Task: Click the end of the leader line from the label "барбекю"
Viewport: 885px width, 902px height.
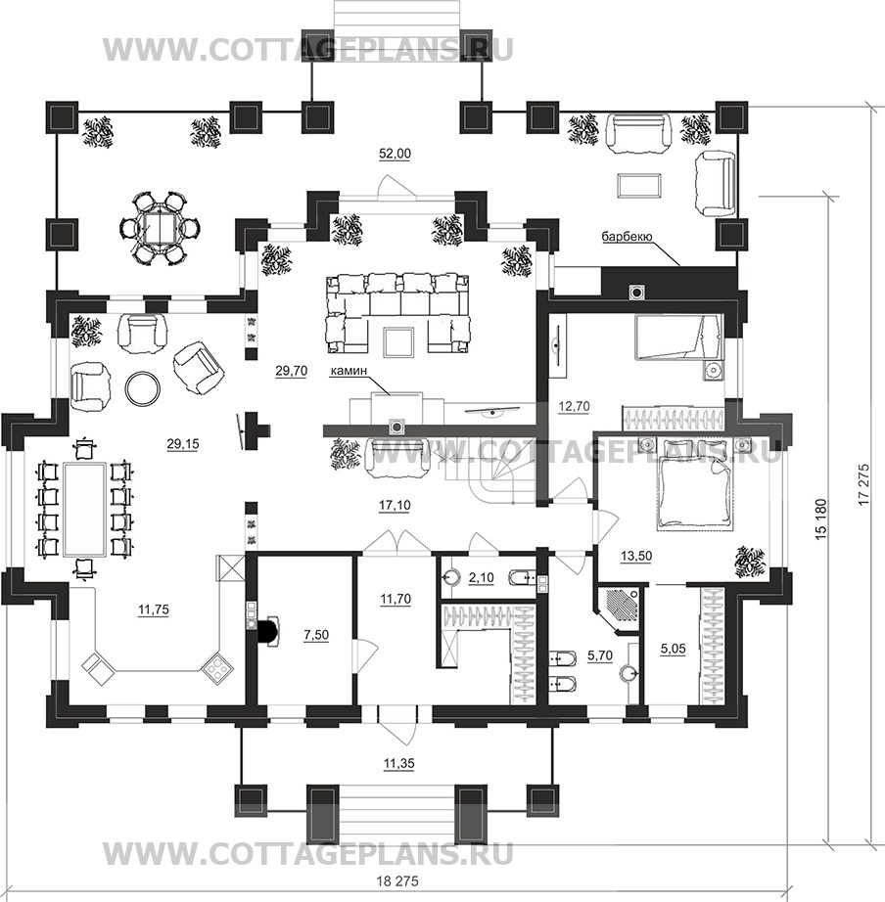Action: [x=680, y=266]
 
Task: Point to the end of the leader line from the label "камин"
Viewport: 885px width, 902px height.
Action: [x=391, y=395]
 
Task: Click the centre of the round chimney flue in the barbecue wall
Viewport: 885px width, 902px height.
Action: [x=637, y=292]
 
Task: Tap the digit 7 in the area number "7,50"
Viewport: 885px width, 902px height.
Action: [x=306, y=635]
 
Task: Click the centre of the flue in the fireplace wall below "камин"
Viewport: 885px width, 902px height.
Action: [x=396, y=427]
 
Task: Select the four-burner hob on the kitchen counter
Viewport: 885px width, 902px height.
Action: [x=218, y=667]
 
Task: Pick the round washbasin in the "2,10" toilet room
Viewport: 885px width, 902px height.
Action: [x=451, y=577]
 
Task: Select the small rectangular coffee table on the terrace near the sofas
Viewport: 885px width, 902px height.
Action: [x=638, y=185]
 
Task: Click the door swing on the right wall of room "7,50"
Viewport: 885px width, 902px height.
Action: [x=364, y=654]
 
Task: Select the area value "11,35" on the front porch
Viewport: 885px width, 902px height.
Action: [x=399, y=763]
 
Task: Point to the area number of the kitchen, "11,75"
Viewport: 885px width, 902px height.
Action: [x=154, y=609]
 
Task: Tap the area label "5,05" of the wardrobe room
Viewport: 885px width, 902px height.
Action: [x=672, y=649]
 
